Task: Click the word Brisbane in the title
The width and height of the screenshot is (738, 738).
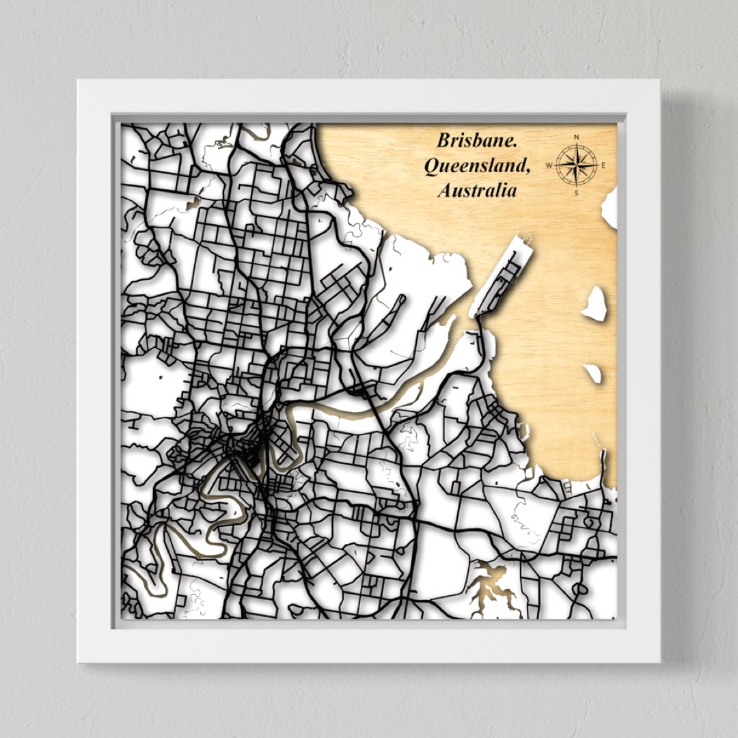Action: pos(476,141)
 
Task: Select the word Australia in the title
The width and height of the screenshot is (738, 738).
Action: pos(477,191)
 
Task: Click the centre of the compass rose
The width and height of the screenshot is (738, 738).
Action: pos(576,165)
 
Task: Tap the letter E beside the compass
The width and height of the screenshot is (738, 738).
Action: pos(603,165)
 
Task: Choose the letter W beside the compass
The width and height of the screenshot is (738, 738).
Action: pos(549,165)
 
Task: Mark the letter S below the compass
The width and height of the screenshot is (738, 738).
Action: pos(576,193)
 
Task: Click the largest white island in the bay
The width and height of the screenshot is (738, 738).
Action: pos(594,305)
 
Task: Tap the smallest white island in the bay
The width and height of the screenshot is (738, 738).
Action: pos(592,373)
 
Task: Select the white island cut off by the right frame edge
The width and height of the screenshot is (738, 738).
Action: pos(610,207)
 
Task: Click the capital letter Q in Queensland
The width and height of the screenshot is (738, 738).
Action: pos(431,166)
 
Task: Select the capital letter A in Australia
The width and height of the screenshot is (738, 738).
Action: pos(444,191)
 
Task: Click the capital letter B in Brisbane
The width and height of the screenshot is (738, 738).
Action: pos(443,141)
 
